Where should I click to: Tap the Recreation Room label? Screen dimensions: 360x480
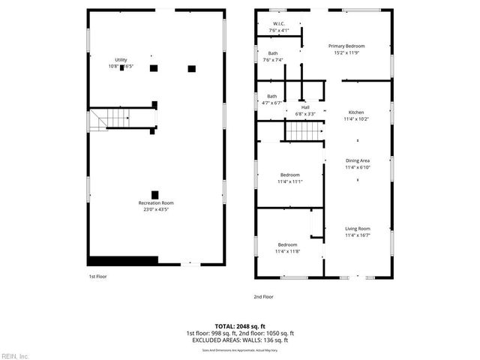coord(156,203)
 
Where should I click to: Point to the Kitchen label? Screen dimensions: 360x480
coord(356,112)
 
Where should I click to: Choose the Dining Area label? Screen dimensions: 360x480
coord(357,160)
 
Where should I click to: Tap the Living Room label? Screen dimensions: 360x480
coord(357,228)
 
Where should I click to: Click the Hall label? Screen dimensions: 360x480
coord(305,107)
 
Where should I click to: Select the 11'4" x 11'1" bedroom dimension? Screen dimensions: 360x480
coord(289,181)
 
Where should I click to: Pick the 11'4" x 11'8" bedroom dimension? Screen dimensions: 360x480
coord(289,251)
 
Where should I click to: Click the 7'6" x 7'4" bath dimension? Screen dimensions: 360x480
coord(273,60)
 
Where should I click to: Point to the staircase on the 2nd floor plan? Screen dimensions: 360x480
coord(303,132)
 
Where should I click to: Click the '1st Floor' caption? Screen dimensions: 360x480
coord(97,276)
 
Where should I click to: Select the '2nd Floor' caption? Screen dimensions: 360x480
coord(263,297)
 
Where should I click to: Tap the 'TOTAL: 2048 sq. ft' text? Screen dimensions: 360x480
coord(240,326)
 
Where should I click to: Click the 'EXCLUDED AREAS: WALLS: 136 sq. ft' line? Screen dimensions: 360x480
coord(240,340)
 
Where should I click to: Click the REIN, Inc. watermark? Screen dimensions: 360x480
coord(15,355)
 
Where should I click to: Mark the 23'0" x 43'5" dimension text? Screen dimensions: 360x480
coord(156,209)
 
